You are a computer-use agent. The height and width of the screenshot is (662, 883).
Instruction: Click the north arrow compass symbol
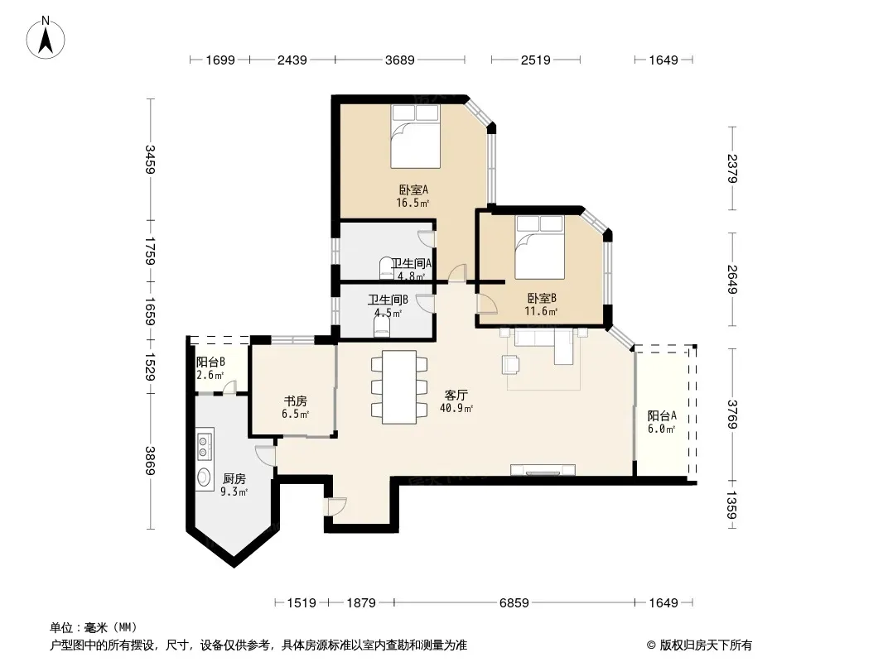coord(46,38)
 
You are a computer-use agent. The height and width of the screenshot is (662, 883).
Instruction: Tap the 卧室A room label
coord(413,189)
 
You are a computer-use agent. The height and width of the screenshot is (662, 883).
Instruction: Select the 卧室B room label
coord(542,298)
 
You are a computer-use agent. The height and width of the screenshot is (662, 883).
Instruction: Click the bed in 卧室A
coord(416,136)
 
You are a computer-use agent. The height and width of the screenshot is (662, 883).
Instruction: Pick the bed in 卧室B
coord(539,247)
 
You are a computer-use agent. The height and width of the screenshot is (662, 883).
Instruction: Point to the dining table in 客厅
coord(398,387)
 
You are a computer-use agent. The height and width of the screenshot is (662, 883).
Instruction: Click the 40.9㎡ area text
coord(456,408)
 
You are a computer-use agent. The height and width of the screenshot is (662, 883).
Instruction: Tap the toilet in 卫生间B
coord(382,326)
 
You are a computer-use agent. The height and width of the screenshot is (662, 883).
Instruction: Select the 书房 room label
coord(295,401)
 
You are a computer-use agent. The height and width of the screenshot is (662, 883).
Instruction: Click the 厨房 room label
coord(234,478)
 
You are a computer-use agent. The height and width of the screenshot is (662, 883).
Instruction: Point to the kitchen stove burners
coord(204,443)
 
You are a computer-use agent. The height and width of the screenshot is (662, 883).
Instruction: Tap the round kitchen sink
coord(203,477)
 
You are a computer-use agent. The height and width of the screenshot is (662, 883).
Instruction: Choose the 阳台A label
coord(662,415)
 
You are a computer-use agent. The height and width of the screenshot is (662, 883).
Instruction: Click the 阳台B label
coord(210,362)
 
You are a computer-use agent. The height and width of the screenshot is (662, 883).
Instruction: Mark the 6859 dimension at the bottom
coord(514,603)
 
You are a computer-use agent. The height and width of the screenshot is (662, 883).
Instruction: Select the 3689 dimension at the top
coord(400,60)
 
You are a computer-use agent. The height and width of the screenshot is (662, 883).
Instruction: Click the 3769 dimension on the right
coord(732,415)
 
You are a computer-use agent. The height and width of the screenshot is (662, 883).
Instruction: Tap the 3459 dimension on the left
coord(150,159)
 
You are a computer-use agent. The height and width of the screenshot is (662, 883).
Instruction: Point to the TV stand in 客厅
coord(543,470)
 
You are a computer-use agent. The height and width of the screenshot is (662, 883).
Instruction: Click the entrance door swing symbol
coord(336,506)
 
